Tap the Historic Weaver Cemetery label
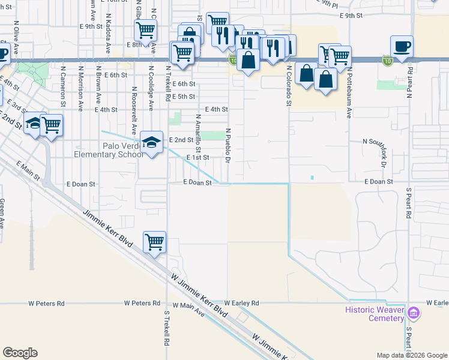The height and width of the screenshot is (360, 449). point(375,314)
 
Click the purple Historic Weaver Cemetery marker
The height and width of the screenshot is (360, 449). point(413,313)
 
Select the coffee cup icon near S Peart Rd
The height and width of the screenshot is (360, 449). point(402,46)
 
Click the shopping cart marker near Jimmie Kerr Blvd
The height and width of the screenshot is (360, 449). point(154,242)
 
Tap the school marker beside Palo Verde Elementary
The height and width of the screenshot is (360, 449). point(152,143)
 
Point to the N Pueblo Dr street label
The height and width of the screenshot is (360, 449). point(228,145)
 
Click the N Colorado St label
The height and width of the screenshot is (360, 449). point(289,85)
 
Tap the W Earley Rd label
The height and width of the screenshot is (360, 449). point(242,303)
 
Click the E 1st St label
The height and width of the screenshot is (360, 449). point(197,157)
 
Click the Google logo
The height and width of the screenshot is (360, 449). point(20,352)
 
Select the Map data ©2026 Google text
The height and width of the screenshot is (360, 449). point(411,355)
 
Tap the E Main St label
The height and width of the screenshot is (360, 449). point(28,170)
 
